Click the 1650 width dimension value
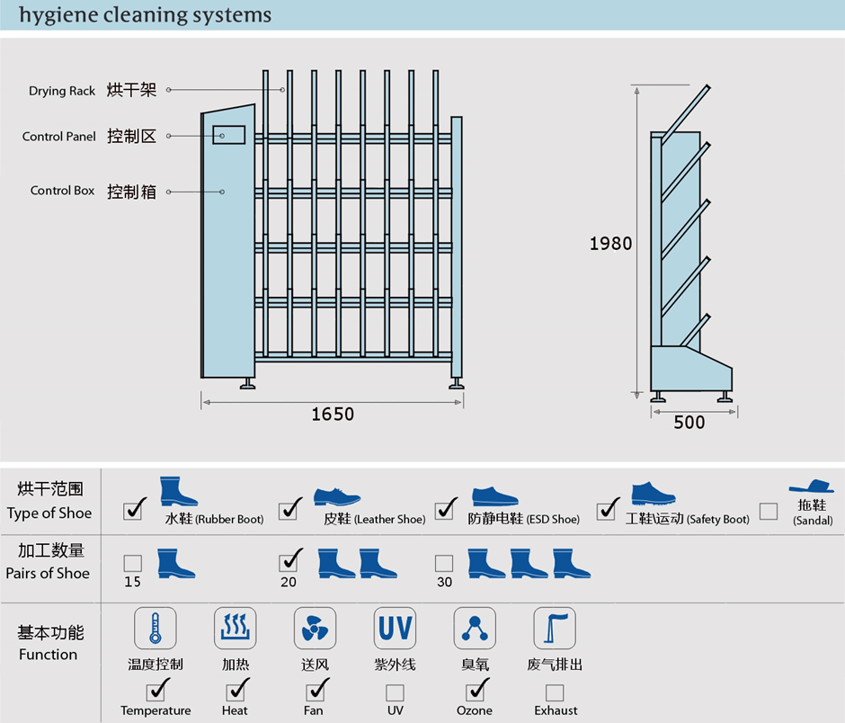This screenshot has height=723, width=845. [333, 415]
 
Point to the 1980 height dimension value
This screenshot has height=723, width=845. [610, 243]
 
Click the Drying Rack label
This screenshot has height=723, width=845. [62, 91]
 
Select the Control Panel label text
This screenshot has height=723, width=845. [59, 137]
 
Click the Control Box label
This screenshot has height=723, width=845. [62, 191]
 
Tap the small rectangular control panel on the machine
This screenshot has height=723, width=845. [229, 135]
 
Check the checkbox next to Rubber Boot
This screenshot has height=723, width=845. [134, 510]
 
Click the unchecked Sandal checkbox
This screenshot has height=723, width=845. [769, 512]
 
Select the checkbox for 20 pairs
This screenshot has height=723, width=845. [289, 563]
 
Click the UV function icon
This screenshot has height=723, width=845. [395, 629]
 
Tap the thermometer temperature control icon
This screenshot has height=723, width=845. [155, 629]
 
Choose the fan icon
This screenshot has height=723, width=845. [315, 629]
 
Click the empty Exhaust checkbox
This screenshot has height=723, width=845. [555, 692]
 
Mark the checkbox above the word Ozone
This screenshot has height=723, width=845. [475, 692]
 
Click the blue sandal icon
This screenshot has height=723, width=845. [812, 487]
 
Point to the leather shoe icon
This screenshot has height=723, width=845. [337, 496]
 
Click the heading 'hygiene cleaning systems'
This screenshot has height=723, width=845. [145, 15]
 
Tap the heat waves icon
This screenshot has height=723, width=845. [235, 629]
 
